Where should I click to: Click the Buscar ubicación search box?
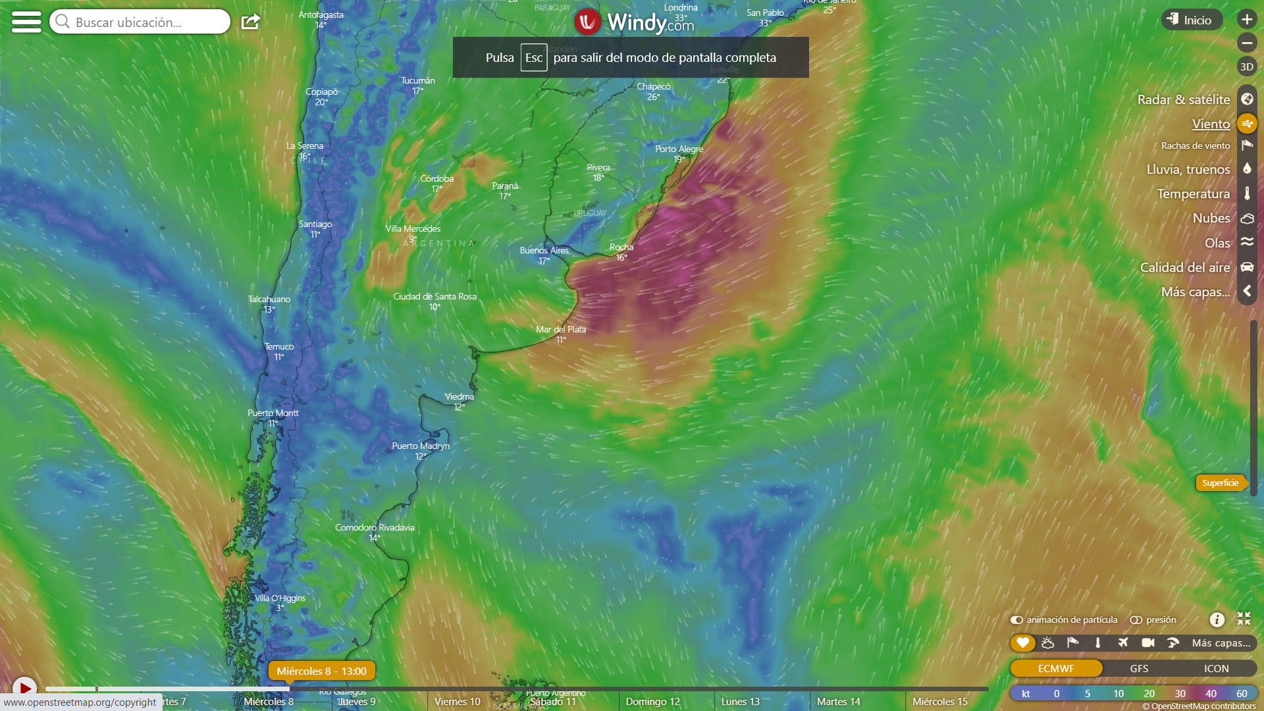point(140,22)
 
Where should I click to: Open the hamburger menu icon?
point(26,22)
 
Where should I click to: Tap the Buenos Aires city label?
point(544,251)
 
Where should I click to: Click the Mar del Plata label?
point(560,330)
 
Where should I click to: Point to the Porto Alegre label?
point(679,149)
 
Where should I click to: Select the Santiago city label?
point(315,224)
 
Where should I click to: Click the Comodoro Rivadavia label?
point(375,528)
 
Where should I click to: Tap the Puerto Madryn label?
point(421,446)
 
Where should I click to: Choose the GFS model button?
point(1139,668)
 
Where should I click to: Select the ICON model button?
point(1216,668)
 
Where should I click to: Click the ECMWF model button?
point(1056,668)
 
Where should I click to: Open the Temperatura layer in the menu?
point(1193,194)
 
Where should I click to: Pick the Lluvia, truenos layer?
point(1188,169)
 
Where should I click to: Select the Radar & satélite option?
point(1183,99)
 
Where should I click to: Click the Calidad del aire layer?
point(1184,267)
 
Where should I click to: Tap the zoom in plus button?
point(1246,20)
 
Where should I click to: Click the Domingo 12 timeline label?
point(652,702)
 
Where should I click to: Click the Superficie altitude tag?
point(1220,483)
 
